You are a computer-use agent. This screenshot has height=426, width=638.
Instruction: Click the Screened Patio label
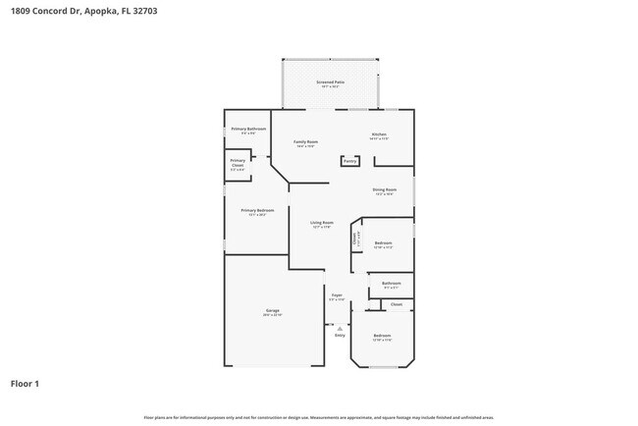[x=330, y=82]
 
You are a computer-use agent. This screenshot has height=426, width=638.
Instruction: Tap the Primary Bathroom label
[x=248, y=130]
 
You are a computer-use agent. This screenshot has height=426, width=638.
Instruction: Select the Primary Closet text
[x=238, y=163]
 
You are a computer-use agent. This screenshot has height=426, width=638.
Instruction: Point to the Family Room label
[x=305, y=141]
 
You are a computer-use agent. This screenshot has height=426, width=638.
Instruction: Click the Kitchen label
[x=379, y=134]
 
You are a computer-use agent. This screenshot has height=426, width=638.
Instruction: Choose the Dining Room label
[x=384, y=189]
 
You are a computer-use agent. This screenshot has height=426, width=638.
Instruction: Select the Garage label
[x=272, y=310]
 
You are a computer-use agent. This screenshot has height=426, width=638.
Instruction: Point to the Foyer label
[x=336, y=294]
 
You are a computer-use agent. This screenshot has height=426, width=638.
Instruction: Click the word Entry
[x=340, y=336]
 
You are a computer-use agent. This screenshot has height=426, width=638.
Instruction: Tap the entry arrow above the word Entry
[x=340, y=328]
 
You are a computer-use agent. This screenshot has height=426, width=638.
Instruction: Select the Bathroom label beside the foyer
[x=390, y=284]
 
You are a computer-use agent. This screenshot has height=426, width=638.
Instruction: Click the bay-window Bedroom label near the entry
[x=382, y=336]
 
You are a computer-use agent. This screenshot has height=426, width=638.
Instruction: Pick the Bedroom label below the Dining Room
[x=383, y=242]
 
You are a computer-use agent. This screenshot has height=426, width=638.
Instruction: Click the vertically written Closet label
[x=354, y=237]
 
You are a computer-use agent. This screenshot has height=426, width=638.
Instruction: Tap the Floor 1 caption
[x=26, y=384]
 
